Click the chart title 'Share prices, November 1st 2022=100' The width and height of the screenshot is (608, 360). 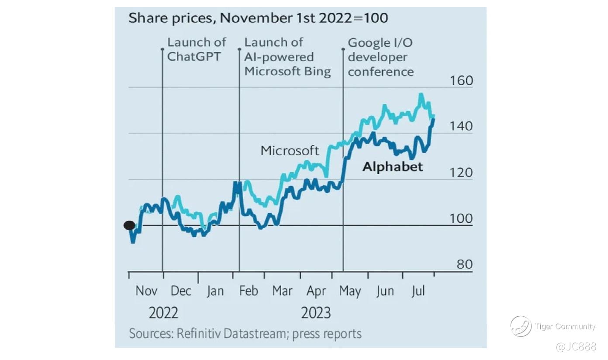[x=258, y=18]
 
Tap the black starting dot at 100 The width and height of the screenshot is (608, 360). [x=129, y=225]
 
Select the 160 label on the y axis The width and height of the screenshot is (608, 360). [x=461, y=81]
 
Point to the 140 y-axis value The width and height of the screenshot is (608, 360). [x=461, y=126]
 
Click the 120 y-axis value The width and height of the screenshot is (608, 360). [x=461, y=173]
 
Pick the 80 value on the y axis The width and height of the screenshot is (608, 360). [x=464, y=264]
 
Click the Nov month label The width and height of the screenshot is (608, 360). [x=146, y=291]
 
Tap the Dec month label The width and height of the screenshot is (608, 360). [x=180, y=291]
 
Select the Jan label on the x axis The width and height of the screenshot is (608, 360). [x=215, y=291]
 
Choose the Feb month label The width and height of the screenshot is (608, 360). [x=249, y=291]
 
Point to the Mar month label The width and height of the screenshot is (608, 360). [x=282, y=291]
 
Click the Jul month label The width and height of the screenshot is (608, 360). [x=418, y=291]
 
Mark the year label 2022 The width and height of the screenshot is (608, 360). [x=163, y=313]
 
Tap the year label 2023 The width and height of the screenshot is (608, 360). [x=316, y=313]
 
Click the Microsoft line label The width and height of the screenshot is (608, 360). [x=290, y=151]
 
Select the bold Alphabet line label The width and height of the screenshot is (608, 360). [x=393, y=166]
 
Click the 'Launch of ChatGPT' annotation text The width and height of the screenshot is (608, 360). [x=197, y=49]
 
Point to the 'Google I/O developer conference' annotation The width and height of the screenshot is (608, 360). [x=380, y=57]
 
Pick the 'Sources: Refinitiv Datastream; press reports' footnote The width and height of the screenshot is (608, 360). [x=245, y=334]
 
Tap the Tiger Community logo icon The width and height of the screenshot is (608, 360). [x=521, y=326]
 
